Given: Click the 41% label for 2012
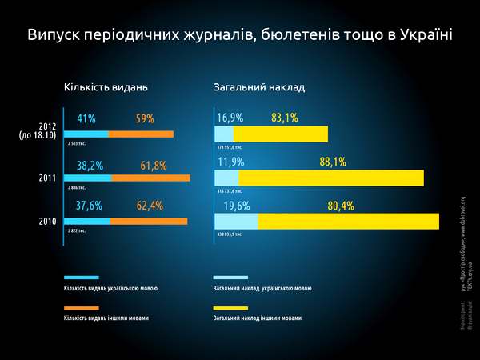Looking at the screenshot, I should [x=86, y=119].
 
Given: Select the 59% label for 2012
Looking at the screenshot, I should [x=145, y=119].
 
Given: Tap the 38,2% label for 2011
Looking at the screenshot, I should [x=90, y=166].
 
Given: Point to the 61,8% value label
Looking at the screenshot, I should [x=154, y=166].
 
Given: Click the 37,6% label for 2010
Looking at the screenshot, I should [x=89, y=206].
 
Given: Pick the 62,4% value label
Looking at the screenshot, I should [x=150, y=206].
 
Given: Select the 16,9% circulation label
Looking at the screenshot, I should [x=230, y=118].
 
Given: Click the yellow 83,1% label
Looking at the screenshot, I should [x=285, y=118].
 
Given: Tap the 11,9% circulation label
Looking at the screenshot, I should [x=230, y=162].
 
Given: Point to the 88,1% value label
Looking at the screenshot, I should [x=333, y=162].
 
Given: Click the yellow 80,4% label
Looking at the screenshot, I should [x=341, y=206].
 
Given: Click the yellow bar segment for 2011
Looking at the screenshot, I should [x=330, y=178].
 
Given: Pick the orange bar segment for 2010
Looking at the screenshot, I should [x=148, y=222].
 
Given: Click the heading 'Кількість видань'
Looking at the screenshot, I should [x=106, y=86].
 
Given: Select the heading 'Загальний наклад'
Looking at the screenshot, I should [x=259, y=86].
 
